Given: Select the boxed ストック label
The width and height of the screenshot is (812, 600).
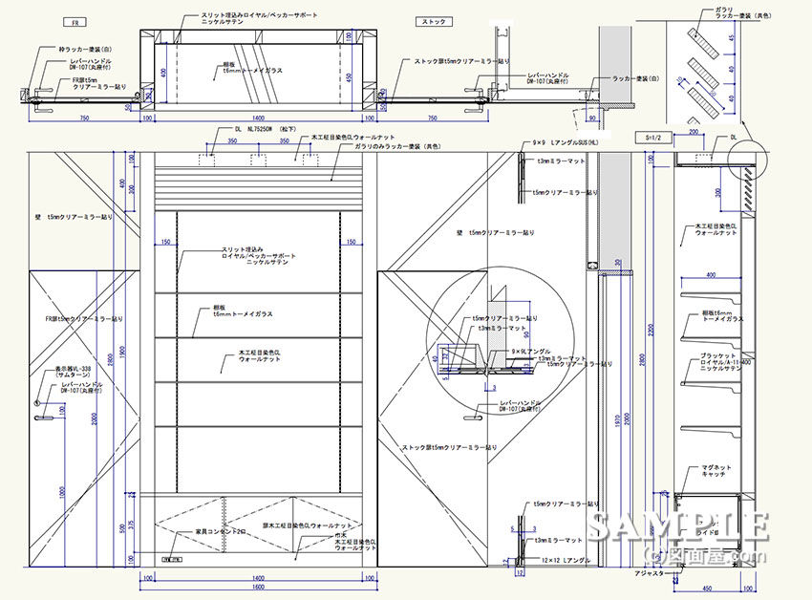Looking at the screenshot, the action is (435, 20).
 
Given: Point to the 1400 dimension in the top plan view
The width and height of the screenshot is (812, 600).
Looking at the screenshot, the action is (257, 118).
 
